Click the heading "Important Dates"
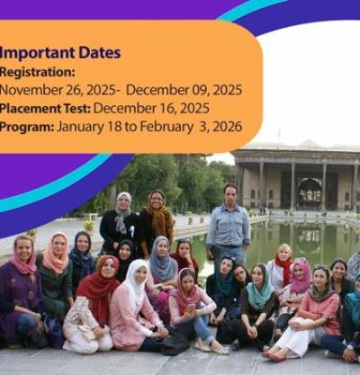[x=60, y=53]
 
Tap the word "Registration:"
[x=37, y=72]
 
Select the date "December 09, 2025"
[x=184, y=90]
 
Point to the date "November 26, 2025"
[x=58, y=90]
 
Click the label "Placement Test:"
[x=45, y=109]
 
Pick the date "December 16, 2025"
[x=151, y=109]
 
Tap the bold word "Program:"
[x=27, y=127]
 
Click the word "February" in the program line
[x=166, y=127]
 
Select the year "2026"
[x=229, y=127]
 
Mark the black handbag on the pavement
[x=174, y=344]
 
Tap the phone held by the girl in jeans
[x=191, y=307]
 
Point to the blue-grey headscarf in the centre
[x=164, y=261]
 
